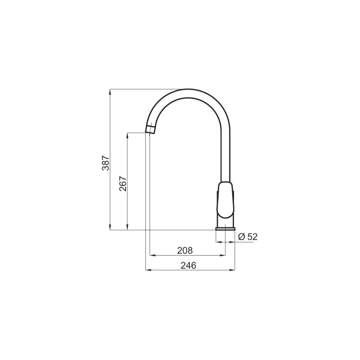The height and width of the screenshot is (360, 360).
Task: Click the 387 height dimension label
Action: tap(106, 163)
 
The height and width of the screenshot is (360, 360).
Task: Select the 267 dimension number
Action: tap(123, 184)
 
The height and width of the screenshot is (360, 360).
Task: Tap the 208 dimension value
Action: tap(185, 251)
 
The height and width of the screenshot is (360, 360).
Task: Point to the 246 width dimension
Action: tap(189, 265)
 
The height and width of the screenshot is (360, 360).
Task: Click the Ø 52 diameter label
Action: tap(248, 237)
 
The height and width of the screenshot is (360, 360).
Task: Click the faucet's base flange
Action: tap(225, 229)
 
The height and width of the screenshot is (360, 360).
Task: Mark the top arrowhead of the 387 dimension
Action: tap(110, 91)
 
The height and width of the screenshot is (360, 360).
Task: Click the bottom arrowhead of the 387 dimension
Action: tap(110, 227)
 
